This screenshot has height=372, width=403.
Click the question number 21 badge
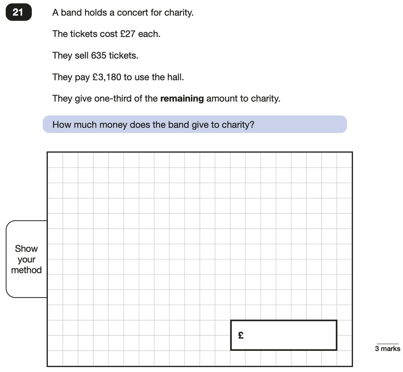(19, 12)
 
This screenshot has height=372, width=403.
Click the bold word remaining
(182, 99)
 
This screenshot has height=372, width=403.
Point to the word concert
(132, 13)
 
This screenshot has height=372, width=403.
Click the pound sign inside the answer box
(240, 336)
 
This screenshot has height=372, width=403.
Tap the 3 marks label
(388, 349)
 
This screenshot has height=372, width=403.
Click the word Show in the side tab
(26, 248)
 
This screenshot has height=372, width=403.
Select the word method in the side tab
(26, 270)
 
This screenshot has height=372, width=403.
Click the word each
(149, 34)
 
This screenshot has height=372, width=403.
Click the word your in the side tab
(26, 260)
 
